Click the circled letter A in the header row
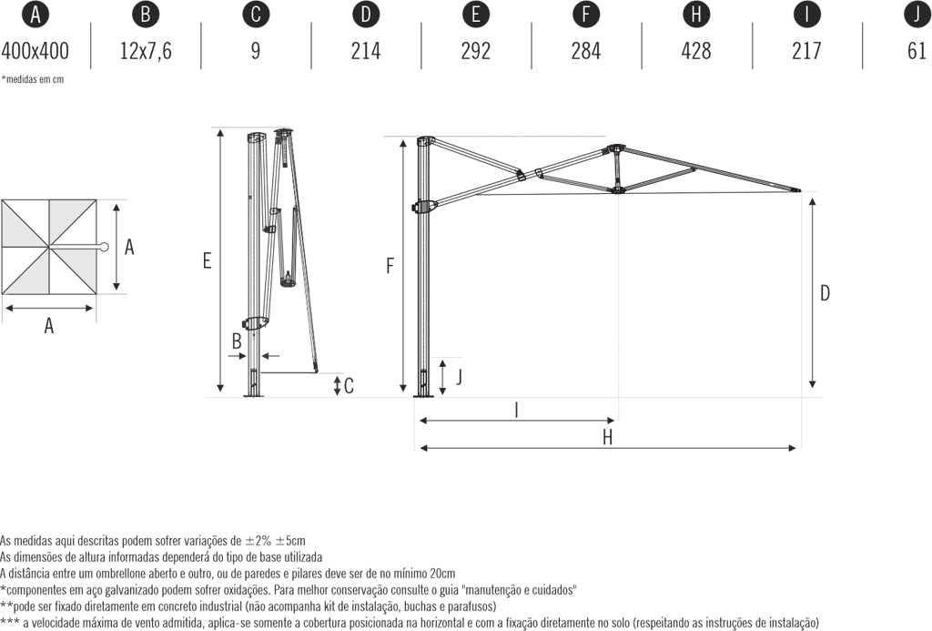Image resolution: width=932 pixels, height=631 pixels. pyautogui.click(x=35, y=15)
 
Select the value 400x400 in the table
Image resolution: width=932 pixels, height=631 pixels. pyautogui.click(x=35, y=50)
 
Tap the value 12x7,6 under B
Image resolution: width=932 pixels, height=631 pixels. pyautogui.click(x=146, y=50)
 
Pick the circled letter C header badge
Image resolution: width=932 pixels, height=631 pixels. pyautogui.click(x=256, y=15)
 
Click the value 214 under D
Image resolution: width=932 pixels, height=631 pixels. pyautogui.click(x=366, y=50)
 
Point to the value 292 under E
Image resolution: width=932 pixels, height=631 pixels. pyautogui.click(x=476, y=50)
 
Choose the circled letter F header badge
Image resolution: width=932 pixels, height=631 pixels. pyautogui.click(x=586, y=15)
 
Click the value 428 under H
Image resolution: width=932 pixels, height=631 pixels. pyautogui.click(x=696, y=50)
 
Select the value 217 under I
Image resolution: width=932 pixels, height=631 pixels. pyautogui.click(x=806, y=50)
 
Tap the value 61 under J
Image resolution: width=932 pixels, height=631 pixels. pyautogui.click(x=917, y=50)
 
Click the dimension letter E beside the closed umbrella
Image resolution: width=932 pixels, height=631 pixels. pyautogui.click(x=208, y=261)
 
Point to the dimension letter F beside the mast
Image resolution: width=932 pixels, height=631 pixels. pyautogui.click(x=390, y=266)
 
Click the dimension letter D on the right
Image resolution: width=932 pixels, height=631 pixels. pyautogui.click(x=825, y=293)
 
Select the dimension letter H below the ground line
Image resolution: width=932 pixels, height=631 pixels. pyautogui.click(x=608, y=437)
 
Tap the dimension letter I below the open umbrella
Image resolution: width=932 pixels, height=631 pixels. pyautogui.click(x=516, y=410)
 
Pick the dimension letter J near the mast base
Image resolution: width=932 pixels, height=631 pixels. pyautogui.click(x=458, y=375)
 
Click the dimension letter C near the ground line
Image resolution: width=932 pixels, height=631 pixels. pyautogui.click(x=349, y=385)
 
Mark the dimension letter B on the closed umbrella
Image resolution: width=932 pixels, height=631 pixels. pyautogui.click(x=236, y=342)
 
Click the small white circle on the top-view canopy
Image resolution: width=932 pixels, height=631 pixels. pyautogui.click(x=105, y=247)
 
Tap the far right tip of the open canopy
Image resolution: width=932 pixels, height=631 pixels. pyautogui.click(x=802, y=190)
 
